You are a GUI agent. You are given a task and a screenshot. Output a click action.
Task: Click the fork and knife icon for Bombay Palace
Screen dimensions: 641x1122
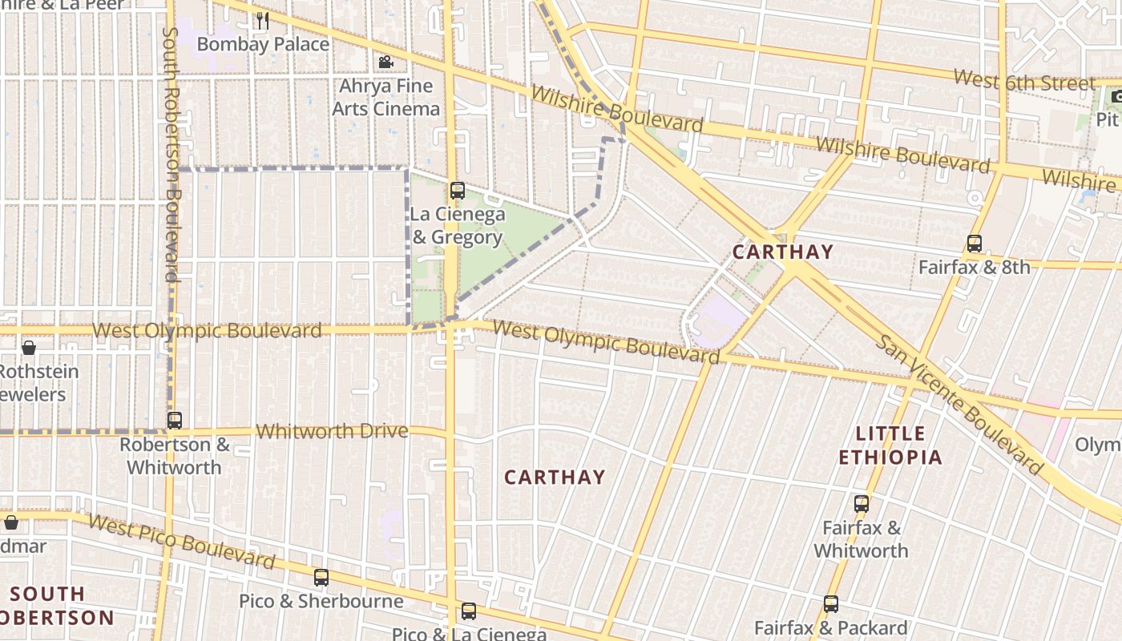pyautogui.click(x=263, y=21)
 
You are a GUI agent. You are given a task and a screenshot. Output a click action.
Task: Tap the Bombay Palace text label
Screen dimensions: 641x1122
pyautogui.click(x=263, y=44)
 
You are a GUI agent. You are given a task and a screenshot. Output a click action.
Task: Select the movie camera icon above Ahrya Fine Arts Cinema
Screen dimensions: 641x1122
pyautogui.click(x=385, y=62)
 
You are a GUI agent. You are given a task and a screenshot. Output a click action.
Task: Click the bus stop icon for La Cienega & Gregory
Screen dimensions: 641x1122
pyautogui.click(x=458, y=191)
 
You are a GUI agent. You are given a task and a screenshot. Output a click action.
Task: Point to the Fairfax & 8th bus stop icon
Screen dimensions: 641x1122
pyautogui.click(x=975, y=244)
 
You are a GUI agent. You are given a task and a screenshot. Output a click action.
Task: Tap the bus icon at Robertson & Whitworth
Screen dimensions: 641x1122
pyautogui.click(x=174, y=421)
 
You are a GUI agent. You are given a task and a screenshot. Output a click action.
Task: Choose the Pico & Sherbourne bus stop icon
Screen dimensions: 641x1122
pyautogui.click(x=321, y=578)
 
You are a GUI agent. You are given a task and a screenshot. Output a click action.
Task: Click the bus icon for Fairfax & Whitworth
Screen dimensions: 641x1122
pyautogui.click(x=862, y=505)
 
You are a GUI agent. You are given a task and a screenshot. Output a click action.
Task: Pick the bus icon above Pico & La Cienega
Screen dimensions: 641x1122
pyautogui.click(x=469, y=611)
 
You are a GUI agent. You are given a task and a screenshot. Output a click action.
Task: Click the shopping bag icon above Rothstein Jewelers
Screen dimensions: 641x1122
pyautogui.click(x=29, y=348)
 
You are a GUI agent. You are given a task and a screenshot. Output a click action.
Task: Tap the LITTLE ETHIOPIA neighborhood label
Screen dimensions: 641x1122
pyautogui.click(x=890, y=445)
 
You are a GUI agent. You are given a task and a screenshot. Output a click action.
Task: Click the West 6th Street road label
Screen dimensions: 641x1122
pyautogui.click(x=1024, y=82)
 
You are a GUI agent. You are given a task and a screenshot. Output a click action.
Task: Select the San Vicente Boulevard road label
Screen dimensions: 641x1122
pyautogui.click(x=959, y=405)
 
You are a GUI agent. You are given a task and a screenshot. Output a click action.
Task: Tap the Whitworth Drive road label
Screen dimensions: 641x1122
pyautogui.click(x=332, y=431)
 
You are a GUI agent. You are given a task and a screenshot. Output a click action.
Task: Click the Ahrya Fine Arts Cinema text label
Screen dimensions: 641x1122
pyautogui.click(x=386, y=97)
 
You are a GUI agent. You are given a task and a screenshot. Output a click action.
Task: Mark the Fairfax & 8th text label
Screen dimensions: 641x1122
pyautogui.click(x=974, y=267)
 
